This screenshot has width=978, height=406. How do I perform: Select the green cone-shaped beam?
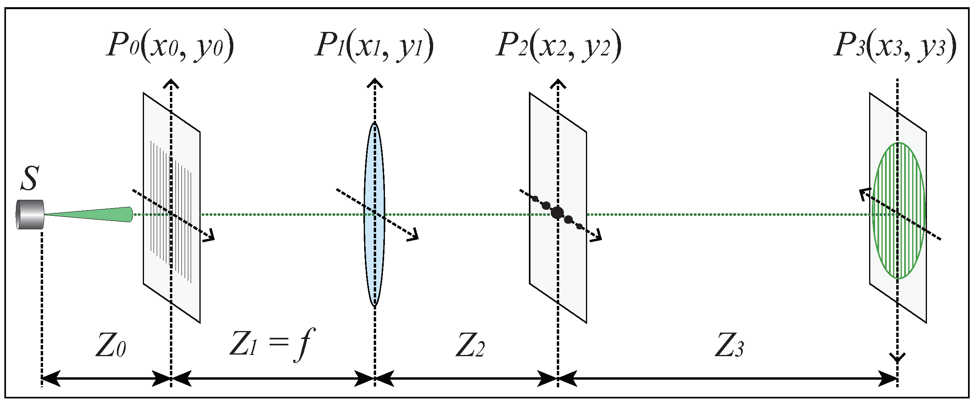point(92,215)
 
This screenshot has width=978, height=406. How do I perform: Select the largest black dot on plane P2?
point(557,212)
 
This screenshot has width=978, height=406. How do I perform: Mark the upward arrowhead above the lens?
point(375,83)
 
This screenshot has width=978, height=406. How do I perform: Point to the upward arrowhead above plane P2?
point(558,83)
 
